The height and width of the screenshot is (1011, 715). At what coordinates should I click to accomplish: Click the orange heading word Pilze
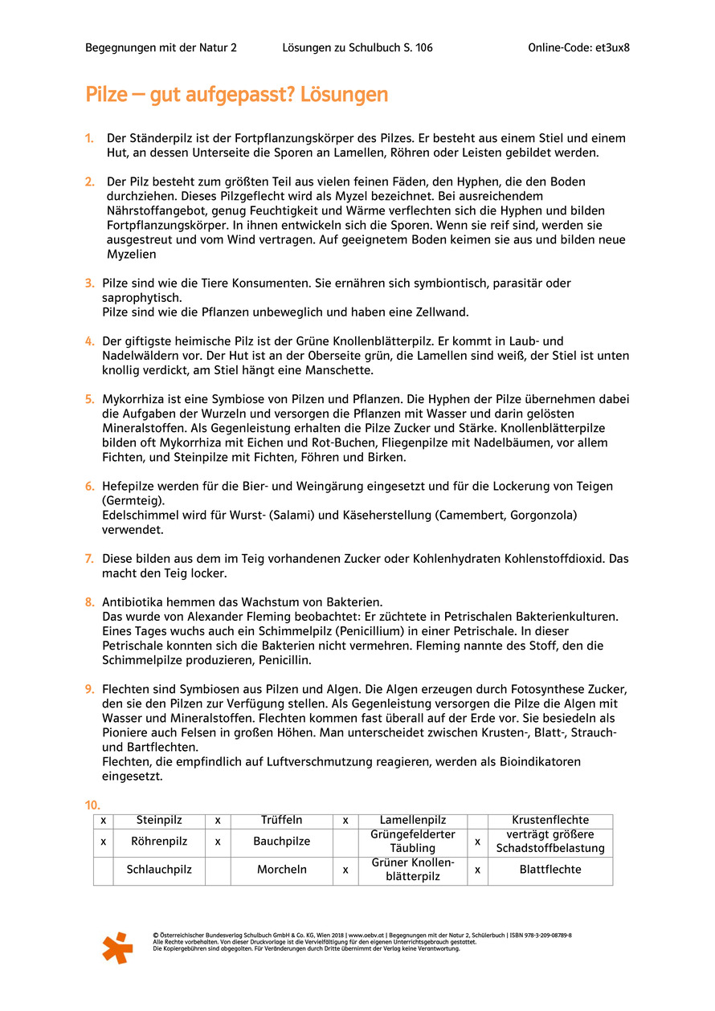(x=107, y=95)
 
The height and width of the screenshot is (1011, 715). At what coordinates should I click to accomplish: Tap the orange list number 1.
(x=90, y=139)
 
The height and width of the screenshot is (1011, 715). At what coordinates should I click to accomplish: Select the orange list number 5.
(x=90, y=399)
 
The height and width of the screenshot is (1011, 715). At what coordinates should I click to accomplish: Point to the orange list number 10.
(x=94, y=805)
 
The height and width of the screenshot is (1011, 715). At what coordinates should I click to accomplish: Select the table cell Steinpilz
(x=159, y=820)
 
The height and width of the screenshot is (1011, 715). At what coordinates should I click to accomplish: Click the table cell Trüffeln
(x=281, y=820)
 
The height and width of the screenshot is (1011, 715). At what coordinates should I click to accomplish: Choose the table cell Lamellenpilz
(x=413, y=820)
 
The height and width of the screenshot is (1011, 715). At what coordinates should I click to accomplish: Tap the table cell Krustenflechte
(x=550, y=820)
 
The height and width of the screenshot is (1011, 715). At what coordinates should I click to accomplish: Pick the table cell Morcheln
(x=281, y=870)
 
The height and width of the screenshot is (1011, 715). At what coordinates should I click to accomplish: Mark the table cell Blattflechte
(x=550, y=870)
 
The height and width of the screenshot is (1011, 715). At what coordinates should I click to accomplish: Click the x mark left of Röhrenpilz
(x=103, y=842)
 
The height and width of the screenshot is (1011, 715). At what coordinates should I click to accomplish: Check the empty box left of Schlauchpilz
(x=103, y=870)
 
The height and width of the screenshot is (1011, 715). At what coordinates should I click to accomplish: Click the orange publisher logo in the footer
(x=117, y=948)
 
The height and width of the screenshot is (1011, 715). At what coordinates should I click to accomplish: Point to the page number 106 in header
(x=422, y=47)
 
